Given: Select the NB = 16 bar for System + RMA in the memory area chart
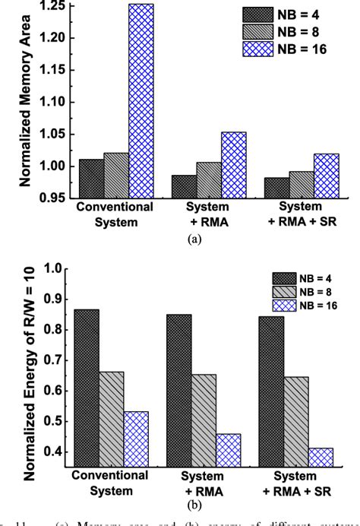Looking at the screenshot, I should [234, 165].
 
